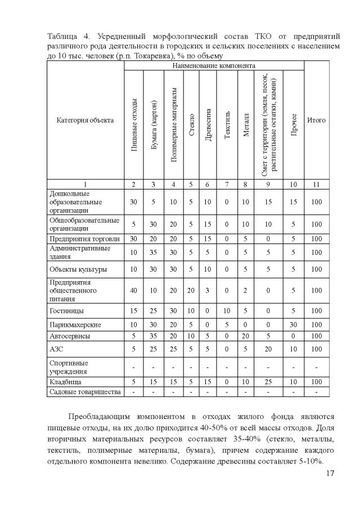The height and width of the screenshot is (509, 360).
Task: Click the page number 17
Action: (x=330, y=474)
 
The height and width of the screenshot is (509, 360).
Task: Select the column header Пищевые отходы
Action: (x=134, y=124)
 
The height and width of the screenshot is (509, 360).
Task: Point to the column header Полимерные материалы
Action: (x=173, y=124)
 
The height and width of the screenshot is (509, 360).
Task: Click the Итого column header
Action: (x=316, y=120)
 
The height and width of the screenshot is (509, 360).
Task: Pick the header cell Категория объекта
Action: (x=85, y=120)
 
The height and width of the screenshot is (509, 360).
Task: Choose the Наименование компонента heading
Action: (x=214, y=66)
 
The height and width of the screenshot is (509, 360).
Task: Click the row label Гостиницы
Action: (x=67, y=310)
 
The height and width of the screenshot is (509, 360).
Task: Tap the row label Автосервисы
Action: (x=70, y=336)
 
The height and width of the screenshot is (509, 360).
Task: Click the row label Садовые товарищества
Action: (x=85, y=392)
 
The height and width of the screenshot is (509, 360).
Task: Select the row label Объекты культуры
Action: (x=78, y=269)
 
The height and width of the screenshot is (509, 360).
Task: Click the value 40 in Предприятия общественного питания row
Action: (x=134, y=290)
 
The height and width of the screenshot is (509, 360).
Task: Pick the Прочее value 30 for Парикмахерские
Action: (x=294, y=325)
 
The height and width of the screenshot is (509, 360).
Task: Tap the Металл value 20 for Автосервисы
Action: (x=245, y=336)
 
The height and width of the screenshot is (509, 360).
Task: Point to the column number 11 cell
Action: (x=316, y=184)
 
